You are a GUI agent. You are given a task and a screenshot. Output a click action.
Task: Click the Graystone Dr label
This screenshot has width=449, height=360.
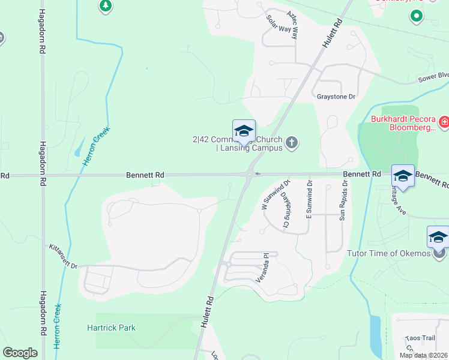336,97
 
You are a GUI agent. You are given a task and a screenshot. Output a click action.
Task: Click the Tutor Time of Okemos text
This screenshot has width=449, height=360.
388,253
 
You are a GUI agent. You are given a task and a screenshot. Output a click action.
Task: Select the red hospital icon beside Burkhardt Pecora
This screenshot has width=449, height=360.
444,123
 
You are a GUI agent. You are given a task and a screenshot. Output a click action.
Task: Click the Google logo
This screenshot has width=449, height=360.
20,353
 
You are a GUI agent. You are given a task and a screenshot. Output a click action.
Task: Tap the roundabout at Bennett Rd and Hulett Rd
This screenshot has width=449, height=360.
249,175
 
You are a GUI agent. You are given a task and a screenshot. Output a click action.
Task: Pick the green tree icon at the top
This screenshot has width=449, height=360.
106,5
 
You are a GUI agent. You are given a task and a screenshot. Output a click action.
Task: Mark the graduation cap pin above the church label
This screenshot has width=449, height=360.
244,131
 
